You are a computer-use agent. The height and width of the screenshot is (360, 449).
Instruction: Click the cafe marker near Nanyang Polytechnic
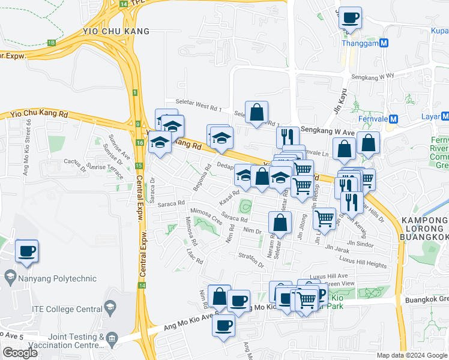26,251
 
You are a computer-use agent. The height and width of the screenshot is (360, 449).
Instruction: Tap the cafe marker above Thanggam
350,17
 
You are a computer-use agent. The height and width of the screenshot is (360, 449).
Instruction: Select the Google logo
20,353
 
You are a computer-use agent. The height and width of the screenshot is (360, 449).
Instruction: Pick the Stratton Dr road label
251,260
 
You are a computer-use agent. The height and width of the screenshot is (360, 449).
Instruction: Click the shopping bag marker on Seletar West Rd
256,112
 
